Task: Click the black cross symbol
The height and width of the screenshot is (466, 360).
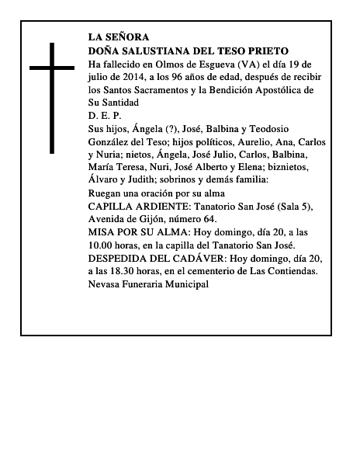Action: click(x=53, y=97)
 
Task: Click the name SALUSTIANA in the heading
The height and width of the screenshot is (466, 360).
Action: click(x=155, y=49)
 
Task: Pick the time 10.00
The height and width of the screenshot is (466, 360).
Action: click(x=102, y=245)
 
